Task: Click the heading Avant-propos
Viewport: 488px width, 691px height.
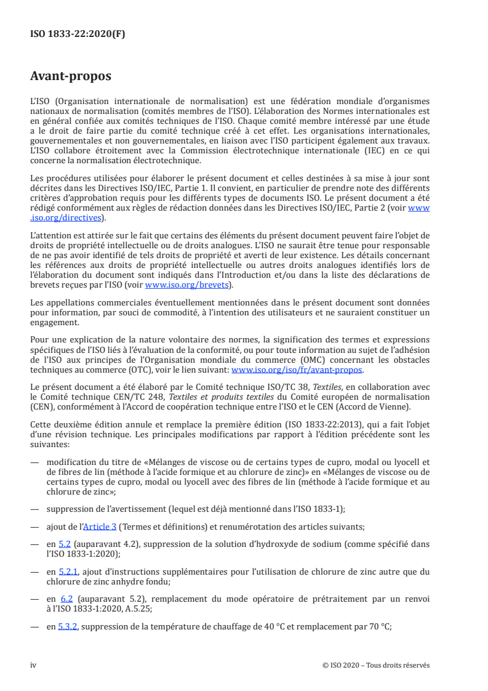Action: [71, 76]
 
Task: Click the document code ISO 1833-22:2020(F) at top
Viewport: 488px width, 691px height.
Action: [78, 34]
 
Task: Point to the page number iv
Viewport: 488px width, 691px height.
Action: [34, 666]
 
